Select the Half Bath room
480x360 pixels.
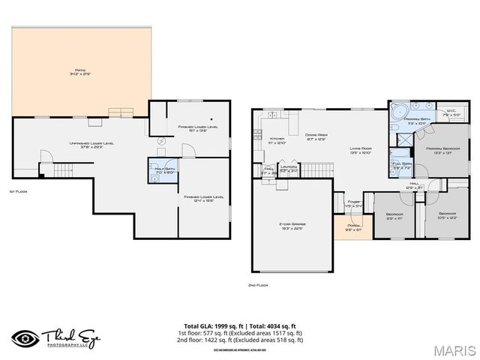click(163, 169)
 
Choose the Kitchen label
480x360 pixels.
click(277, 139)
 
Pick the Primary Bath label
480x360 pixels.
click(416, 120)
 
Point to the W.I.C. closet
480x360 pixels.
click(451, 114)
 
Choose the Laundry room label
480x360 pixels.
click(288, 169)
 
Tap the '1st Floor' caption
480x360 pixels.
click(18, 191)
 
